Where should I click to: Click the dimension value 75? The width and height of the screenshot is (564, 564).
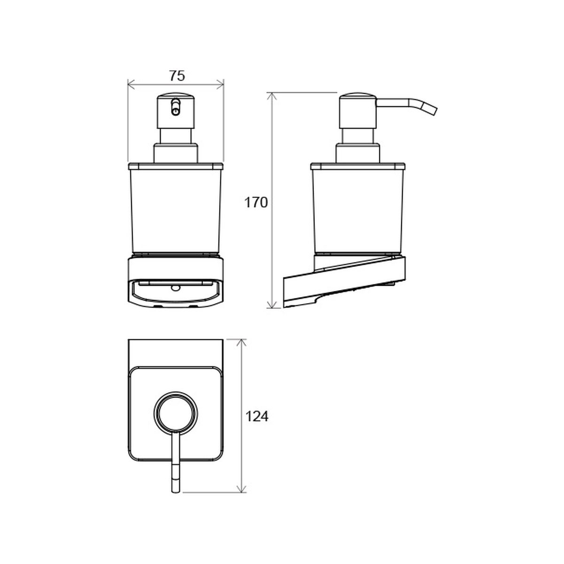coord(177,76)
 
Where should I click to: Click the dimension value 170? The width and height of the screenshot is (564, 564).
coord(256,203)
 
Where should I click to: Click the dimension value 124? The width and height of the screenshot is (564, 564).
coord(257,416)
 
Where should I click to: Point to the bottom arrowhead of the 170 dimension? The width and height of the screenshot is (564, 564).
coord(272,305)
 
